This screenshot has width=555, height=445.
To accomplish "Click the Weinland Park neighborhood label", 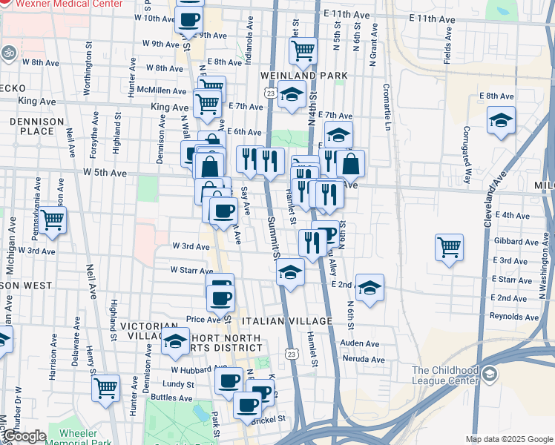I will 293,76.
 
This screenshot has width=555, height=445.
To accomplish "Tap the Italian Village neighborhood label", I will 287,320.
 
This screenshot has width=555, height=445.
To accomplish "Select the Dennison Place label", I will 32,125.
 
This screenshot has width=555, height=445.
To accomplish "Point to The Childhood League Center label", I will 443,375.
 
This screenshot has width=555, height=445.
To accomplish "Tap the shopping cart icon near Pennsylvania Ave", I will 52,220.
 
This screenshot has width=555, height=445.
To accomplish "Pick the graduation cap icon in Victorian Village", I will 175,341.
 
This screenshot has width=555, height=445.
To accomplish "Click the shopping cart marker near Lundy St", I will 106,386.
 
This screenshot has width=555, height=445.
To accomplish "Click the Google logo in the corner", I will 24,437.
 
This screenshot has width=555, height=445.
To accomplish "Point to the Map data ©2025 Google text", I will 509,438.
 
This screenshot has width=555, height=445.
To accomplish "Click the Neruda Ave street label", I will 363,360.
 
